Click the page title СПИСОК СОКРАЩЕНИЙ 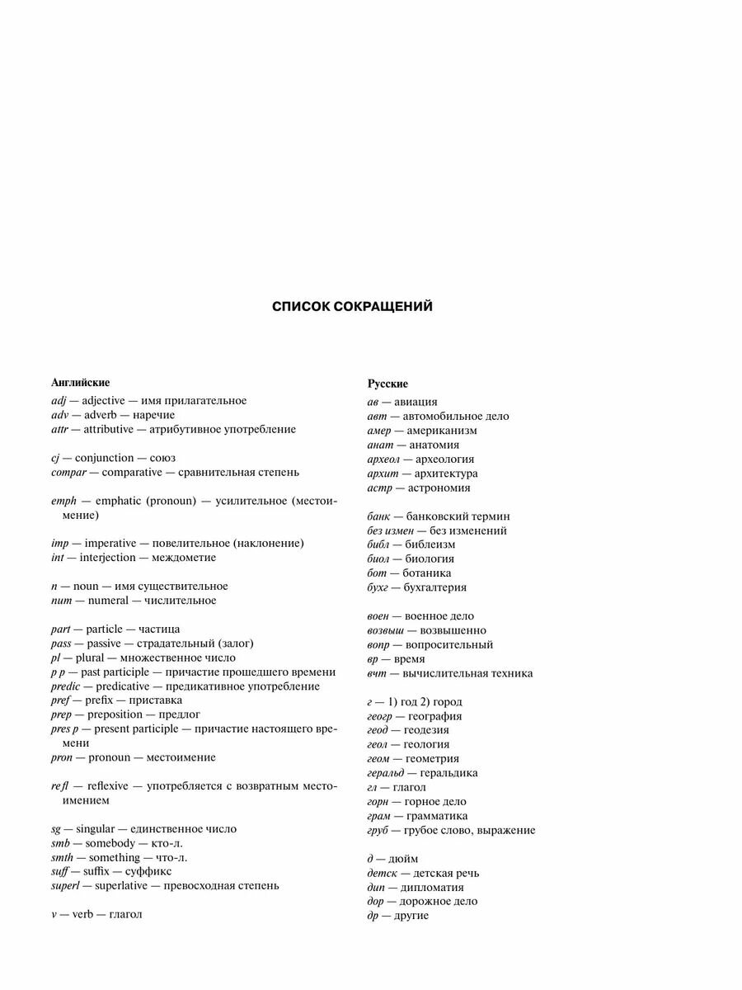(352, 307)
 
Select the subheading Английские (81, 383)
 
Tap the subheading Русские (387, 384)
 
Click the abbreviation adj (59, 401)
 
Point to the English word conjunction (104, 458)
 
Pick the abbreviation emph (64, 501)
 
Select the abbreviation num (61, 601)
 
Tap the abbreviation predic (65, 686)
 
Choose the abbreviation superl (66, 886)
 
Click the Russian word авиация (416, 402)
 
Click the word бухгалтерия (434, 587)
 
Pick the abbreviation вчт (377, 673)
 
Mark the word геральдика (448, 773)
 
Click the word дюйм (402, 859)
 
